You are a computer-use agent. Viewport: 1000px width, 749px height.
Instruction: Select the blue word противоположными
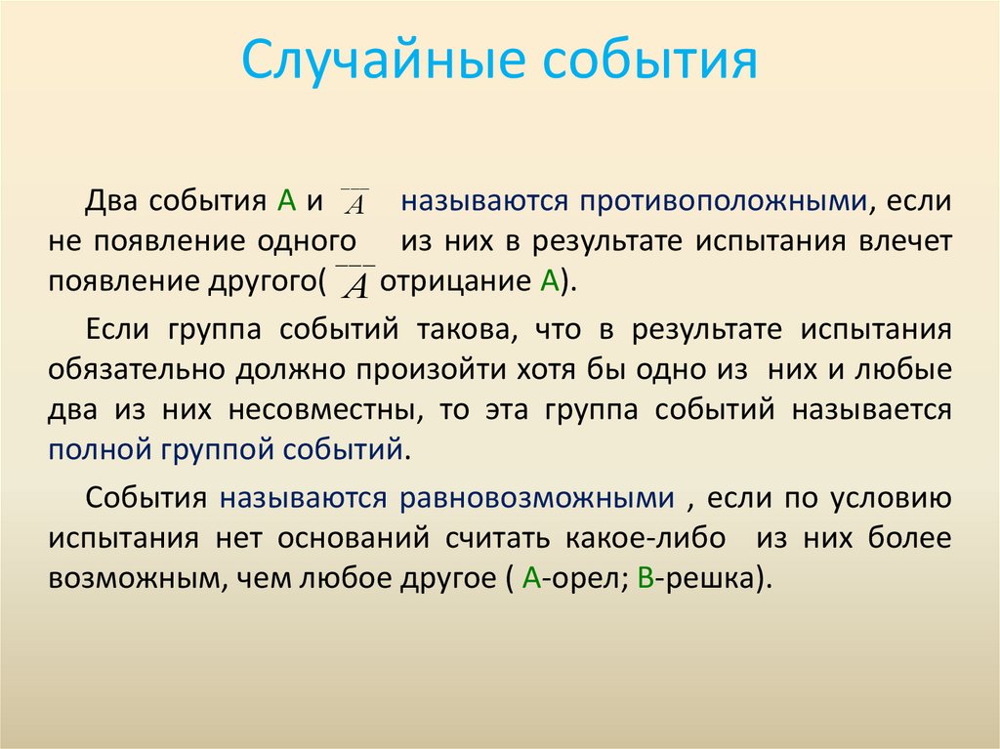(x=723, y=202)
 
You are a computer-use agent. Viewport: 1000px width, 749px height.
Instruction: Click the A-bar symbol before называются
(x=355, y=202)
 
